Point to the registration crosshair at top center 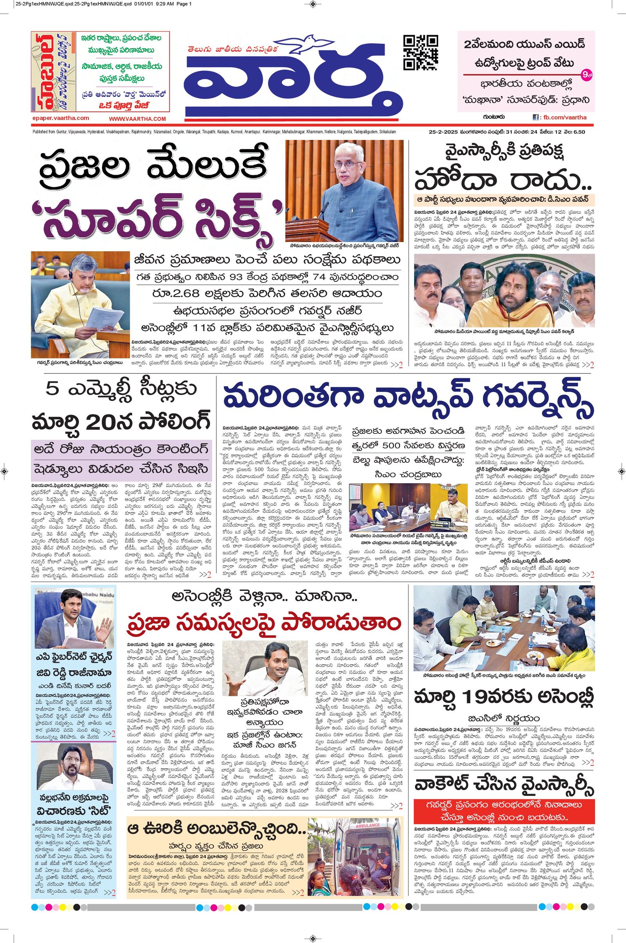(x=313, y=5)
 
